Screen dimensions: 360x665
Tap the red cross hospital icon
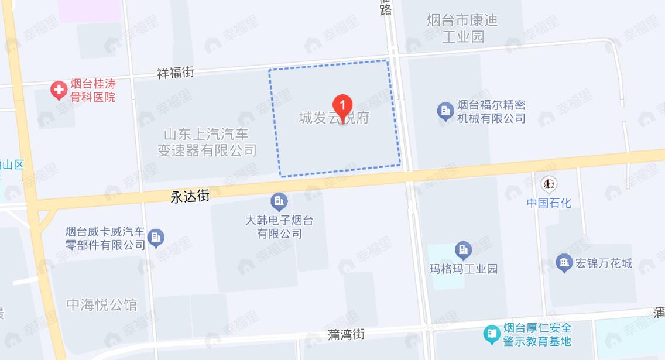click(x=58, y=90)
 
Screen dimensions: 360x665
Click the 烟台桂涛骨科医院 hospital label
click(x=92, y=91)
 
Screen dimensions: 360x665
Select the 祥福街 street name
click(x=176, y=73)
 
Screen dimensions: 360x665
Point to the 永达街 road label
click(x=190, y=197)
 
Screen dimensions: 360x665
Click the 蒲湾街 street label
click(x=346, y=334)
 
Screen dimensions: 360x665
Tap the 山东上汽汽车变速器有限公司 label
click(x=207, y=142)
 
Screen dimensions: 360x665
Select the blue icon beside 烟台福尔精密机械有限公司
click(x=445, y=111)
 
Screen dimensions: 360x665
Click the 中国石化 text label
click(x=549, y=203)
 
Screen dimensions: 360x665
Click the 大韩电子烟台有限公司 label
click(x=279, y=227)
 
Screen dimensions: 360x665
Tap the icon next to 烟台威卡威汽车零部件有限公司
click(x=156, y=238)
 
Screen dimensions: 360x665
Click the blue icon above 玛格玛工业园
click(x=463, y=251)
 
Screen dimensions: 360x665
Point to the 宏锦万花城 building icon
click(x=564, y=263)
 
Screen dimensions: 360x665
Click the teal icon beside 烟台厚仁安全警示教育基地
click(x=491, y=334)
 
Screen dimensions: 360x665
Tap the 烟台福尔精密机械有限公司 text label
click(x=491, y=111)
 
